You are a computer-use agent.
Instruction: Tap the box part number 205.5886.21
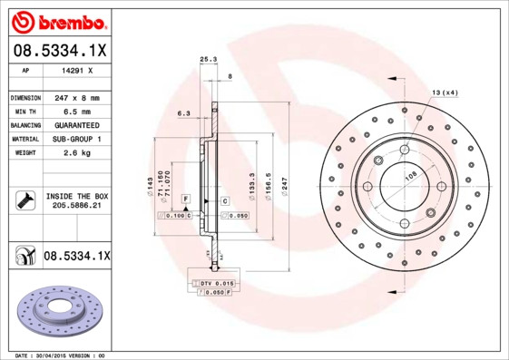tap(75, 207)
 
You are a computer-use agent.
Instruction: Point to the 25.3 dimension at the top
tap(208, 60)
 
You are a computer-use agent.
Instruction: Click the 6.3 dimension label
tap(183, 113)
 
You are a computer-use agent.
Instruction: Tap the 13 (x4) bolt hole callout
tap(445, 92)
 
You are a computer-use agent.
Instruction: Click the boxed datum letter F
tap(185, 198)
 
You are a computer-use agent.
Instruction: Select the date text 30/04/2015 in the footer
tap(60, 355)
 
